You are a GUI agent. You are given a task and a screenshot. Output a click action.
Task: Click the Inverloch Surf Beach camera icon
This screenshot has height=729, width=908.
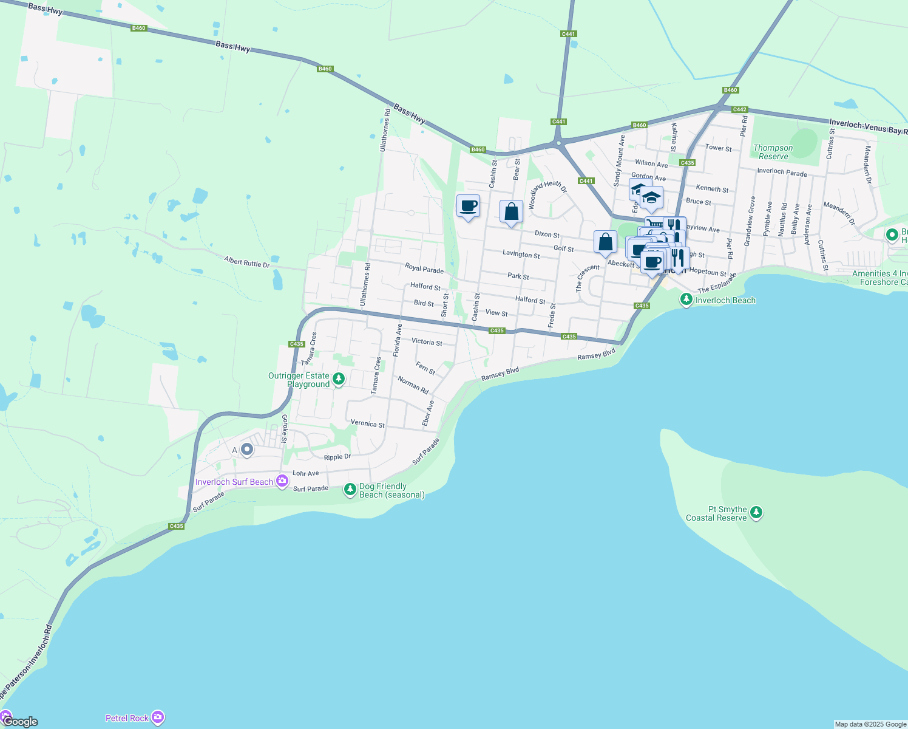pyautogui.click(x=282, y=481)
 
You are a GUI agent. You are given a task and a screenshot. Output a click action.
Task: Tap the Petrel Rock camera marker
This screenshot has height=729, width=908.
pyautogui.click(x=158, y=717)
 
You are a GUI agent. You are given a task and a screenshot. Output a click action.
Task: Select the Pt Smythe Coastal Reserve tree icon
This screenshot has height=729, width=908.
pyautogui.click(x=756, y=513)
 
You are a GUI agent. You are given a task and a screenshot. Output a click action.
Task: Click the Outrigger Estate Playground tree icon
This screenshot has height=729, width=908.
pyautogui.click(x=339, y=380)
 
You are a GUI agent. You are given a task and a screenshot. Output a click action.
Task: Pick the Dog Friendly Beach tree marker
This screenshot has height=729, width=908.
pyautogui.click(x=350, y=490)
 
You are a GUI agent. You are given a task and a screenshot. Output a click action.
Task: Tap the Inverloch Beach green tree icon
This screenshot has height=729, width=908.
pyautogui.click(x=686, y=299)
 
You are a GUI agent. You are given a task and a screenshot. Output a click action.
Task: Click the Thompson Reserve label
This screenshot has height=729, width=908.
pyautogui.click(x=773, y=152)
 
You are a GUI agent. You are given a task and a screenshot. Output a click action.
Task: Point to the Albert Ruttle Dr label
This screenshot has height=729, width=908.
pyautogui.click(x=246, y=261)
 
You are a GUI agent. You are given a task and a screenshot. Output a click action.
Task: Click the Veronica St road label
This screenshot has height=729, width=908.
pyautogui.click(x=367, y=423)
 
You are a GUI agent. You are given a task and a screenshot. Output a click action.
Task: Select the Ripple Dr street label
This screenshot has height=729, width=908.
pyautogui.click(x=337, y=457)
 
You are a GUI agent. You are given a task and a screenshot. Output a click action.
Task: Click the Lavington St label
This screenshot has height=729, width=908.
pyautogui.click(x=521, y=255)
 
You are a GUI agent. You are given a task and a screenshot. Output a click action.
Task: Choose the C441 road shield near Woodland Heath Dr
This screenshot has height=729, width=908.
pyautogui.click(x=586, y=181)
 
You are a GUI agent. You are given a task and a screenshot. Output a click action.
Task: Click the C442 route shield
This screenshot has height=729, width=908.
pyautogui.click(x=739, y=110)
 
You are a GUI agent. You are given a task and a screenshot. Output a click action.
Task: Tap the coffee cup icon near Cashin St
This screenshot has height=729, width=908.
pyautogui.click(x=468, y=207)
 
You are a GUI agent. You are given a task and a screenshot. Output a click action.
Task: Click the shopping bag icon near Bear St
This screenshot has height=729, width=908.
pyautogui.click(x=511, y=212)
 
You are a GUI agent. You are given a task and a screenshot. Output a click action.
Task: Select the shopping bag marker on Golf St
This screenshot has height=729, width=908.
pyautogui.click(x=605, y=242)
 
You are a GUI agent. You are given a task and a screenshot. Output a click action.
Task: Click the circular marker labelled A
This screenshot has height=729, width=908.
pyautogui.click(x=247, y=450)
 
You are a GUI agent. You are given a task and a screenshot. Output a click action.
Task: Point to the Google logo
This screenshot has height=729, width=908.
pyautogui.click(x=20, y=721)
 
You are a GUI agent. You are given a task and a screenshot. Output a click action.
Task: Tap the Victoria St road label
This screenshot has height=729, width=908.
pyautogui.click(x=427, y=341)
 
